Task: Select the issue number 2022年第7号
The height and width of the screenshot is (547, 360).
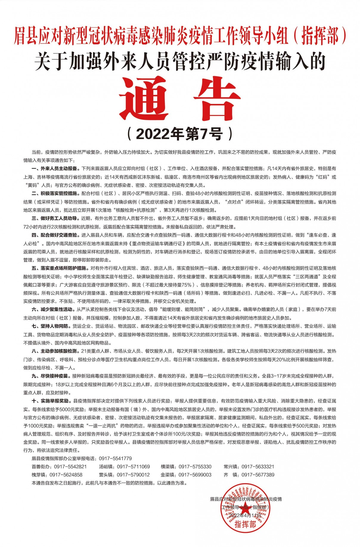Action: click(180, 135)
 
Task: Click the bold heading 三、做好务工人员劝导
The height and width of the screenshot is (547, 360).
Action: click(54, 218)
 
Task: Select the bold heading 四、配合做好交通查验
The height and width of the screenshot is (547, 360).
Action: click(54, 235)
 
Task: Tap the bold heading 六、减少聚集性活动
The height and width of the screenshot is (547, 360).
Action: click(52, 309)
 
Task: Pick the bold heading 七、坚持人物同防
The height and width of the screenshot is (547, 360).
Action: click(50, 326)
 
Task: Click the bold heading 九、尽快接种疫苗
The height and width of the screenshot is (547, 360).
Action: click(50, 376)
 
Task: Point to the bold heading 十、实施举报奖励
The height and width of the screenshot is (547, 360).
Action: click(50, 401)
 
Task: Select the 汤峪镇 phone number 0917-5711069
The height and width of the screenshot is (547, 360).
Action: click(133, 467)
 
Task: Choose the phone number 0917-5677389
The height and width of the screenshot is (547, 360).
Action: click(258, 475)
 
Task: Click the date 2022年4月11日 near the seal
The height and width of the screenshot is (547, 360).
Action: click(246, 515)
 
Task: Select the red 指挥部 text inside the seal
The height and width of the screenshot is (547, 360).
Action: click(245, 524)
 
